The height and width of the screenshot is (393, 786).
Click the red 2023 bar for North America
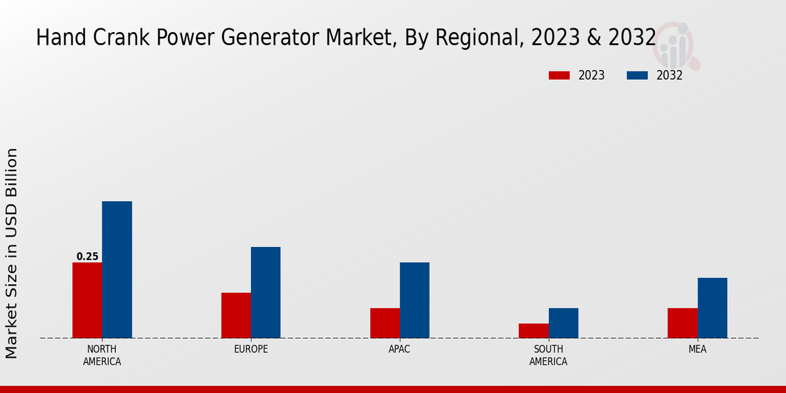87,300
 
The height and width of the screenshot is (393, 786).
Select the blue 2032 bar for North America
117,269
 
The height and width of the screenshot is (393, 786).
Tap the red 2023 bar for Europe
236,315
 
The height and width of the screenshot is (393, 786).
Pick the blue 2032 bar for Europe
265,292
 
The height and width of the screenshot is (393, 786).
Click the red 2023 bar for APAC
384,323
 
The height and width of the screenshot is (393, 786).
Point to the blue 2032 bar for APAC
415,300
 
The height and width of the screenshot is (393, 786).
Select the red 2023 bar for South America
533,331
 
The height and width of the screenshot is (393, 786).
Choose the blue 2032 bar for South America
563,323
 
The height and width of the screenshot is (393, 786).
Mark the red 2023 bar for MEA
682,323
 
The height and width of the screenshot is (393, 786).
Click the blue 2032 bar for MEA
712,308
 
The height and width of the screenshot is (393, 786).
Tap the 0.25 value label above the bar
87,257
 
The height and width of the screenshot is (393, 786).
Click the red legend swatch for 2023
559,75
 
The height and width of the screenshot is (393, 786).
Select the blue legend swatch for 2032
637,75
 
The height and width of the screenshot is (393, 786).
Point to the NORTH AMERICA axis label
102,355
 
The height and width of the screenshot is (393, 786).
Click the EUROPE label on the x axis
251,349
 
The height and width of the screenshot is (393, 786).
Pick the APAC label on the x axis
400,349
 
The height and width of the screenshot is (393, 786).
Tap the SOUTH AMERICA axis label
548,355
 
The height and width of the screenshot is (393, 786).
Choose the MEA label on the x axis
697,349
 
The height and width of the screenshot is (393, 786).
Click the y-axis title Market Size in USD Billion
12,253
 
